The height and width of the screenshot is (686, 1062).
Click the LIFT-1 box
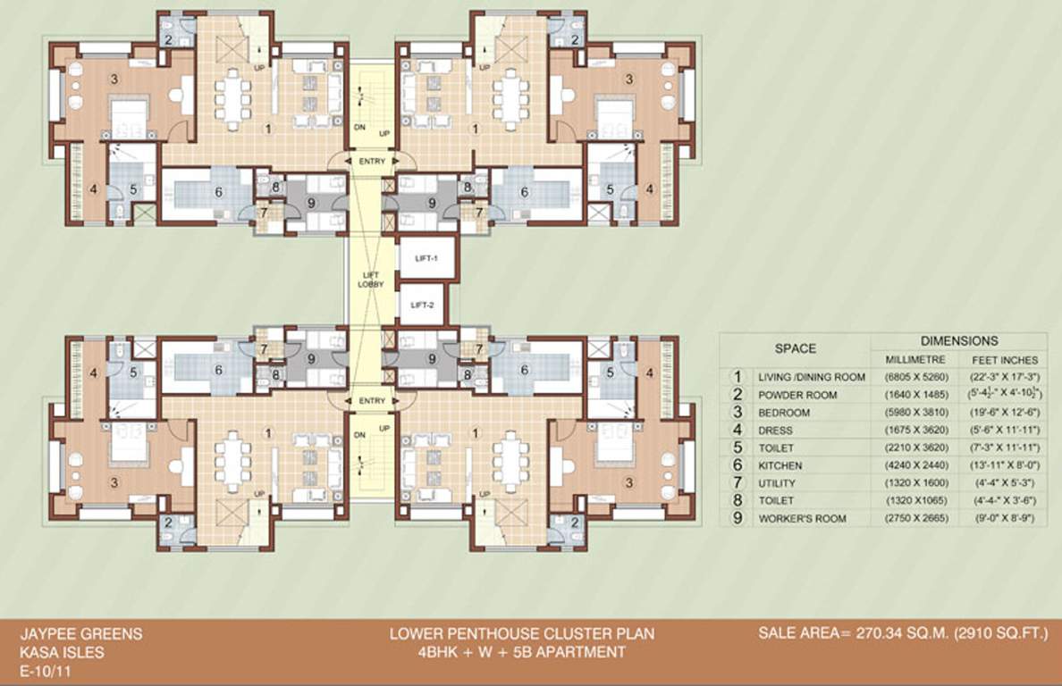pyautogui.click(x=427, y=257)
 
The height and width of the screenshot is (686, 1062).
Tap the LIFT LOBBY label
pyautogui.click(x=371, y=279)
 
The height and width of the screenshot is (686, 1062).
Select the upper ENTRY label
pyautogui.click(x=371, y=162)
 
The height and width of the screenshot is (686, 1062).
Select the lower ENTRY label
pyautogui.click(x=371, y=401)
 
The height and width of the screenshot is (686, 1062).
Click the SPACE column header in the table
pyautogui.click(x=795, y=349)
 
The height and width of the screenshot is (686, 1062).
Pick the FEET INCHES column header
pyautogui.click(x=1003, y=359)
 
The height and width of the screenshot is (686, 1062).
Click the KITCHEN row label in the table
pyautogui.click(x=780, y=465)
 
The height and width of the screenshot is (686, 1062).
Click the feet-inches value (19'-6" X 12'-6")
pyautogui.click(x=1003, y=413)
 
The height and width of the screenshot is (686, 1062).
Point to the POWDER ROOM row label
pyautogui.click(x=797, y=395)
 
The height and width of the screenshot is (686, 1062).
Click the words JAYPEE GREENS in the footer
pyautogui.click(x=81, y=634)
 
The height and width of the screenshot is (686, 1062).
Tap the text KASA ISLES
pyautogui.click(x=62, y=652)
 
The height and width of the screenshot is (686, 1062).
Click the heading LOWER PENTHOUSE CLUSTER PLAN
pyautogui.click(x=522, y=634)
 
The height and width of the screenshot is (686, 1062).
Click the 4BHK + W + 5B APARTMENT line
pyautogui.click(x=522, y=652)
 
